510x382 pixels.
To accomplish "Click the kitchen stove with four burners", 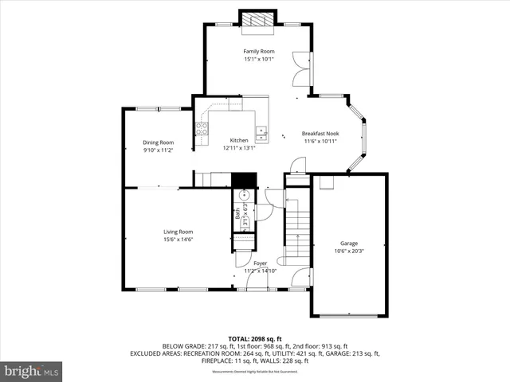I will tap(202, 129).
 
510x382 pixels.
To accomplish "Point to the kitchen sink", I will tap(261, 131).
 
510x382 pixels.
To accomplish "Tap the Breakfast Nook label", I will tap(320, 134).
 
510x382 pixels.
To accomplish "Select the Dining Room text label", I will tap(158, 142).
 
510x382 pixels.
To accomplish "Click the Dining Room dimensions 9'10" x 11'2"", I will tap(158, 150).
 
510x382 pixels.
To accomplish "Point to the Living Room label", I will tap(178, 232).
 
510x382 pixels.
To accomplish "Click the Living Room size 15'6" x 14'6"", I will tap(178, 239).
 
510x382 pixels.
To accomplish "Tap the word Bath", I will tap(237, 213).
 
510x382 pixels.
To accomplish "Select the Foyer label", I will tap(260, 263).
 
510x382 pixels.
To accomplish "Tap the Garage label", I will tap(349, 243).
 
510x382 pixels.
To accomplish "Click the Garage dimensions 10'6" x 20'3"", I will tap(349, 251).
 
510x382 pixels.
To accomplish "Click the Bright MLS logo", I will tap(32, 371).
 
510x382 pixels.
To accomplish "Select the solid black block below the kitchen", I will tap(245, 180).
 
